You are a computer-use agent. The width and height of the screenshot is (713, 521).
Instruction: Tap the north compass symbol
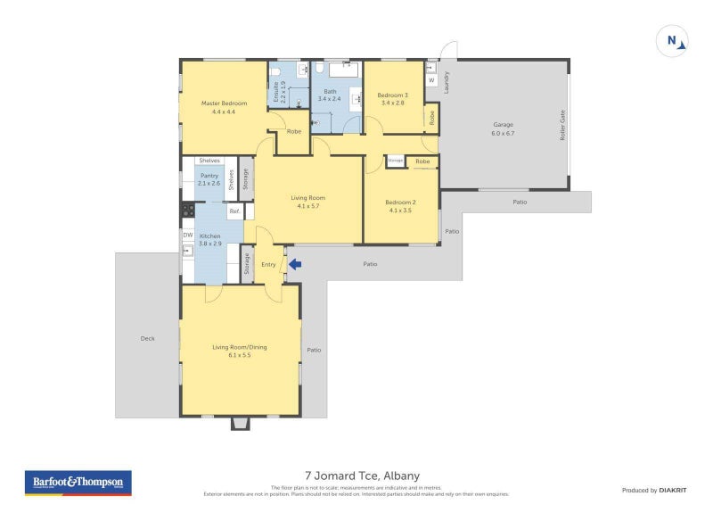pos(673,41)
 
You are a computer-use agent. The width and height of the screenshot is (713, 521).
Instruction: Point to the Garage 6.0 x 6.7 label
pos(503,128)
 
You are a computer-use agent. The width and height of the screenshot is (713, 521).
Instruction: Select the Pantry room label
pos(209,179)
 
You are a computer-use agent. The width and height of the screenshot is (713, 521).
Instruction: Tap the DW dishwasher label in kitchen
pos(188,236)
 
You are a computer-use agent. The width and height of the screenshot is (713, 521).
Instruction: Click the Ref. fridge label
pos(234,211)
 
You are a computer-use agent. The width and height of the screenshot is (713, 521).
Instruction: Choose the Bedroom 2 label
pos(400,206)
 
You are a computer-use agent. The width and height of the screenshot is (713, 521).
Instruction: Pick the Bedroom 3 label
pos(392,99)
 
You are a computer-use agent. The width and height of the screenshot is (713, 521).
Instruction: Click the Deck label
pos(147,338)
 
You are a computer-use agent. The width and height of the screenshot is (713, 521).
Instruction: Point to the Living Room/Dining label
pos(239,351)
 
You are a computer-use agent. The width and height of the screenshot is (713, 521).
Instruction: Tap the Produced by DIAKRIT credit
pos(652,490)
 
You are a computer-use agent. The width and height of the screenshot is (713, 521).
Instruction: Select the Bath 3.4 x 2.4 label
pos(330,95)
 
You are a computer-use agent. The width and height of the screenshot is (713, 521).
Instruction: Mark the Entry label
pos(268,264)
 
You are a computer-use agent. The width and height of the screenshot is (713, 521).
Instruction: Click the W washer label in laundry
pos(431,80)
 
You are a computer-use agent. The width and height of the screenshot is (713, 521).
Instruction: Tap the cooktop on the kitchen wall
pos(188,211)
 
